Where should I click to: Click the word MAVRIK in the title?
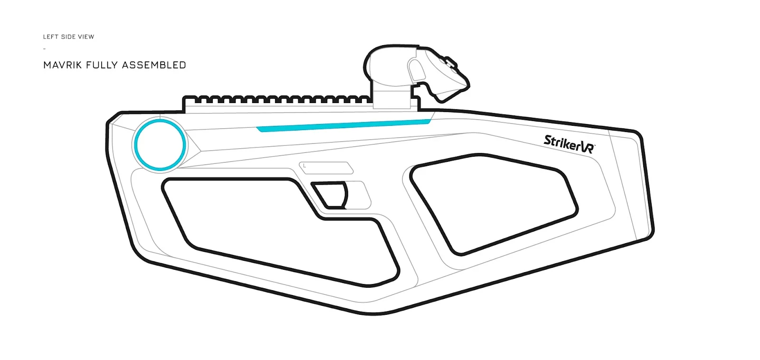pyautogui.click(x=63, y=65)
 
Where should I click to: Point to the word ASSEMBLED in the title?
pyautogui.click(x=154, y=65)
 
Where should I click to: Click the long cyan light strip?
pyautogui.click(x=343, y=125)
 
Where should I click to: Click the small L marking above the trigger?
pyautogui.click(x=304, y=166)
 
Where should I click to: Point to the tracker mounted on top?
pyautogui.click(x=416, y=73)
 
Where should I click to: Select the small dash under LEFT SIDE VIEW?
pyautogui.click(x=45, y=49)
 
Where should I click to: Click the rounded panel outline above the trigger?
pyautogui.click(x=326, y=168)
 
